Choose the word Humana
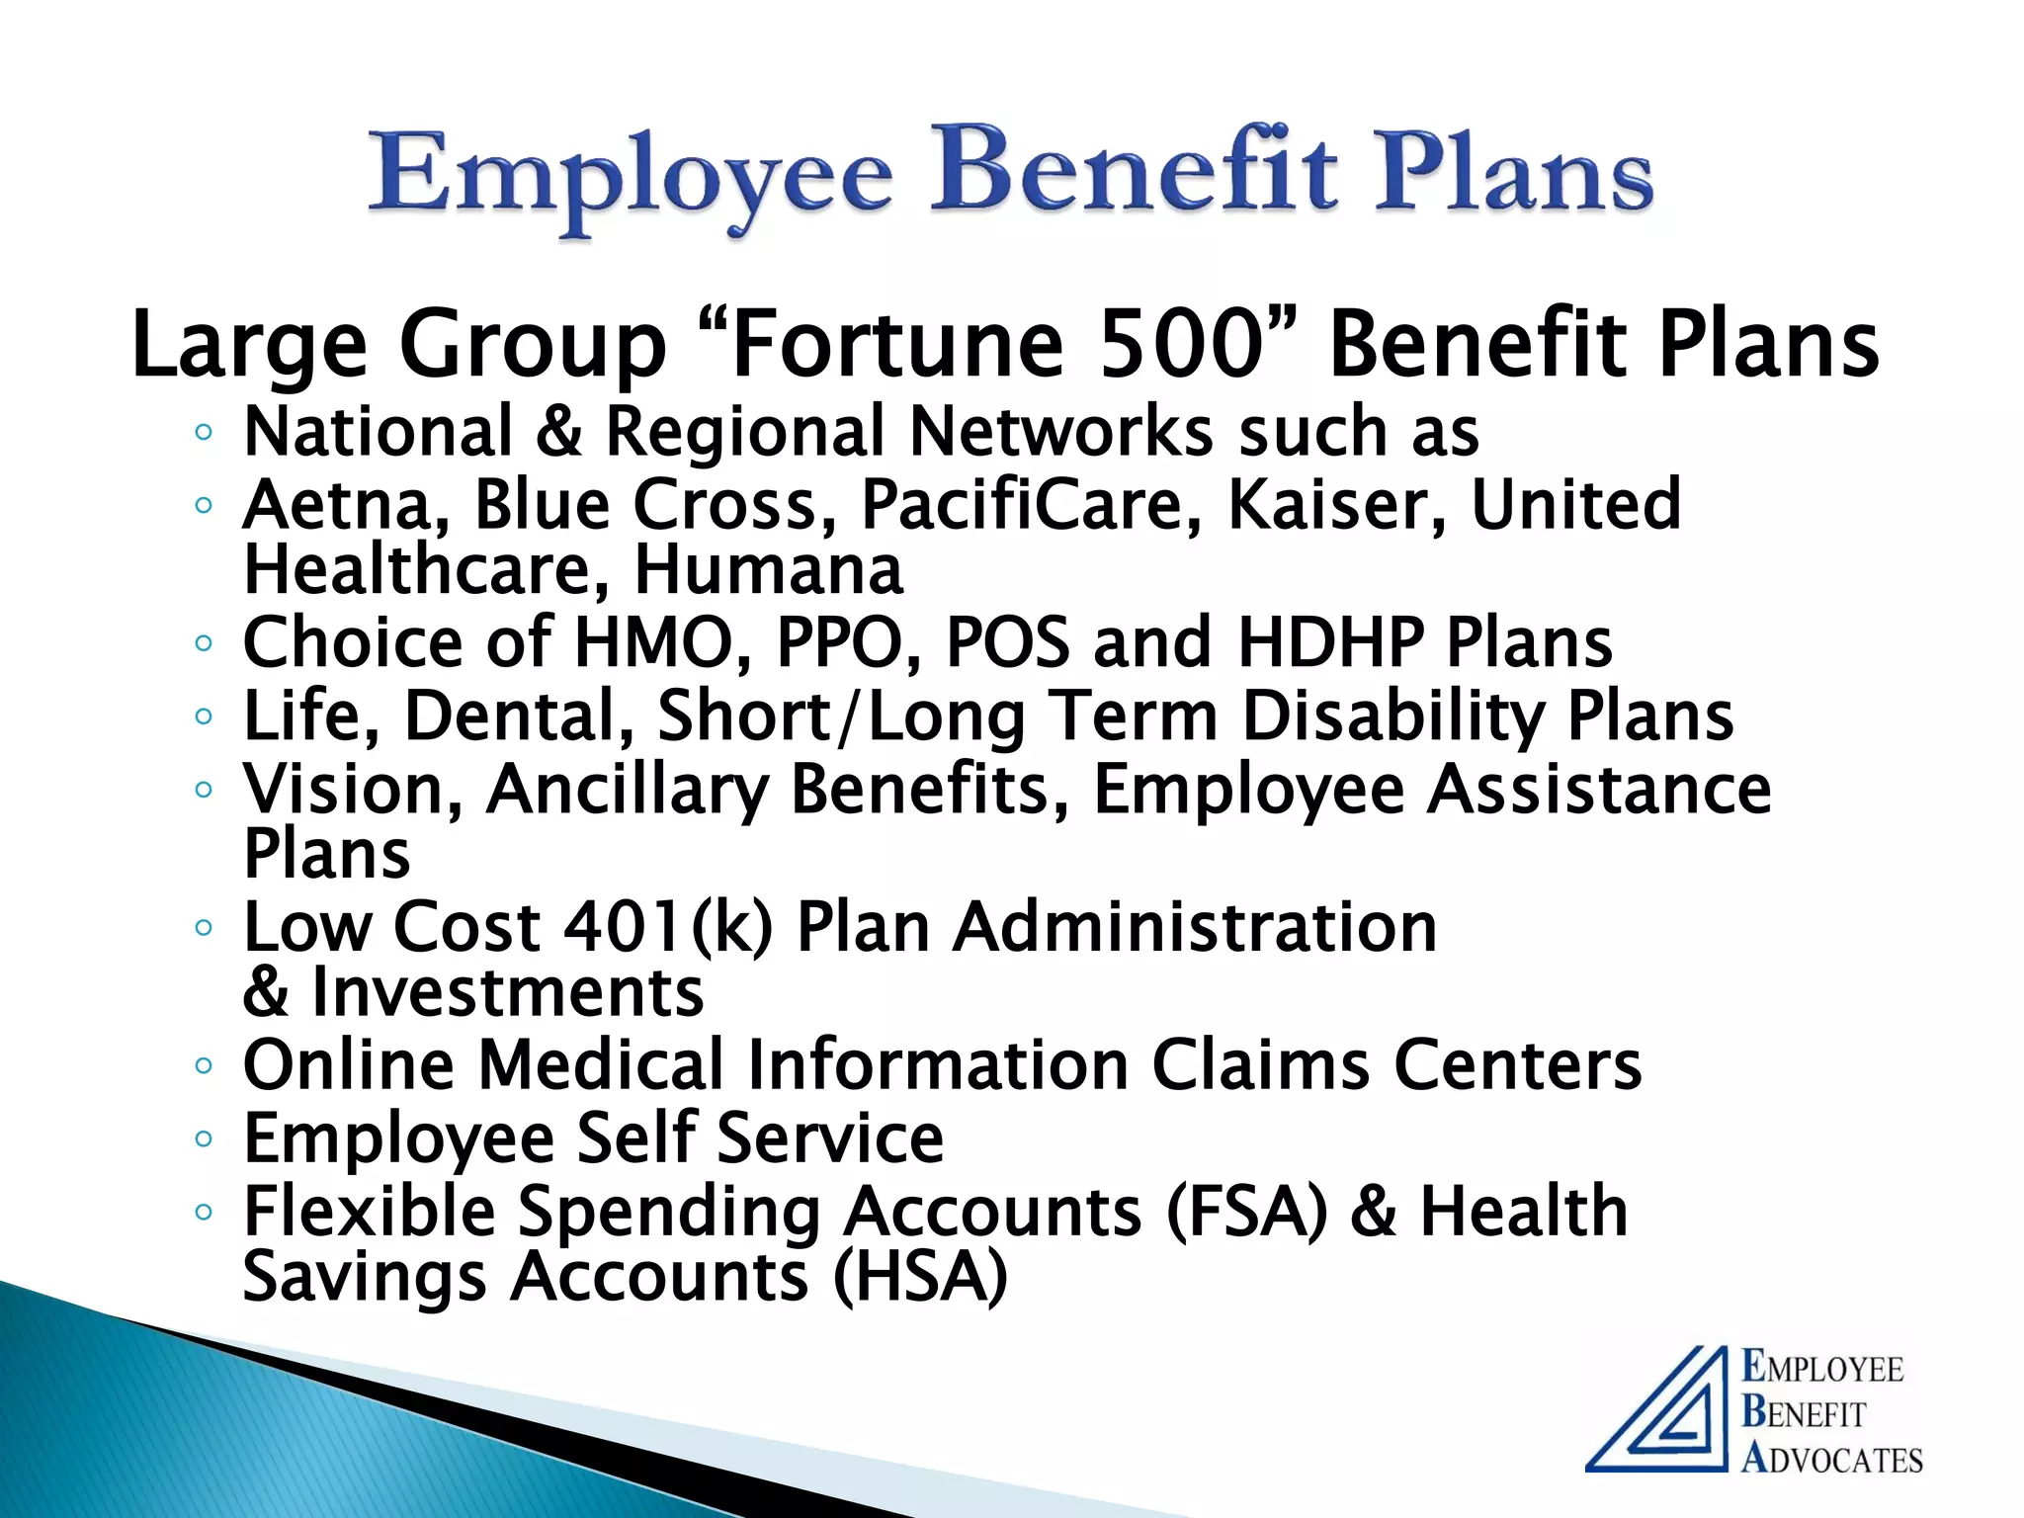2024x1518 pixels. [768, 570]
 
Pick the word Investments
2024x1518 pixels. [507, 992]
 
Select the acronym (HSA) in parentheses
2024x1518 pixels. [920, 1277]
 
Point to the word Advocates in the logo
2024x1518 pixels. [1832, 1459]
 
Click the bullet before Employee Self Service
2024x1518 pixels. [204, 1138]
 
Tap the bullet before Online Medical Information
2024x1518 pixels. [204, 1065]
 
